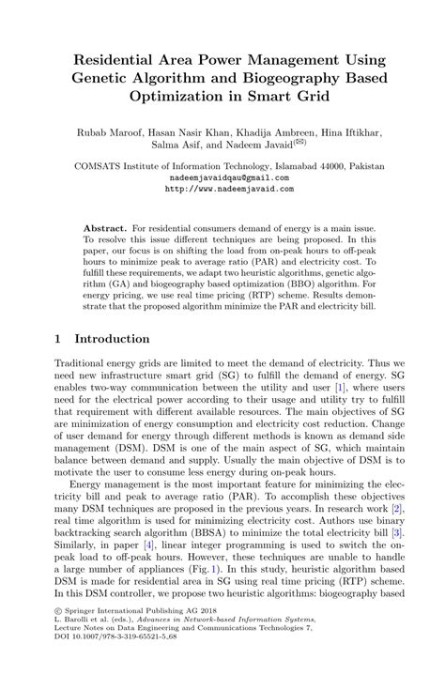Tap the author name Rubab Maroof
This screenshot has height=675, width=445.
coord(108,134)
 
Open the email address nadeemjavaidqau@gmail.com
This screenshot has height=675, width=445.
coord(222,176)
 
